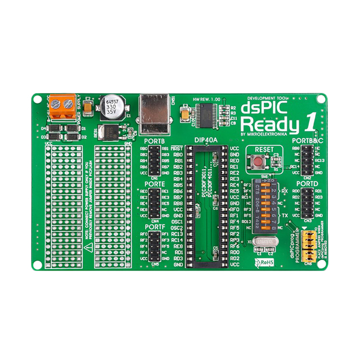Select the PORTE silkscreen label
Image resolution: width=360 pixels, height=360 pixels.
[x=154, y=184]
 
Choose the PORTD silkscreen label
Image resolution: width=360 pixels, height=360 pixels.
[x=307, y=183]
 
